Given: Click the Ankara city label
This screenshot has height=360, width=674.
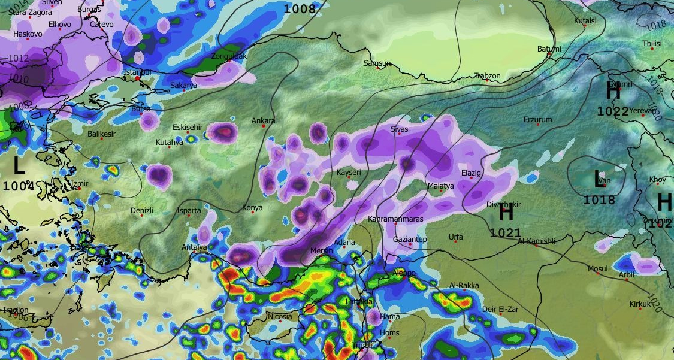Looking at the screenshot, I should pos(263,121).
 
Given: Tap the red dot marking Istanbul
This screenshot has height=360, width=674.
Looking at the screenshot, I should pos(138,78).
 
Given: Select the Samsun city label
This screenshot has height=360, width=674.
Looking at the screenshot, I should pos(377,63).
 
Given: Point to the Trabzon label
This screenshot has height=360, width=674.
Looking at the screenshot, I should pos(486,76).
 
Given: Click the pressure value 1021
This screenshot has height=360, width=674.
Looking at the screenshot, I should pos(506,232).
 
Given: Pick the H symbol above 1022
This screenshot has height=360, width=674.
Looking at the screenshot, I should pos(613,92).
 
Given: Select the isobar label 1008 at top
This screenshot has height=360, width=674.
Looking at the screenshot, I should pos(299,8).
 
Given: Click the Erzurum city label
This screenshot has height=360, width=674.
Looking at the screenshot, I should pos(537,120).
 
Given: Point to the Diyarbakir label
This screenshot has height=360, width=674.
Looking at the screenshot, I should pos(500,205).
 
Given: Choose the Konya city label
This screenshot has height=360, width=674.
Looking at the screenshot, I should pos(252,208).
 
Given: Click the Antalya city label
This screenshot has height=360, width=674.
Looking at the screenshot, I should pos(194,247).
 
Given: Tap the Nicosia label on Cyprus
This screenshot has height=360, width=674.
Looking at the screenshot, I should pos(280,316).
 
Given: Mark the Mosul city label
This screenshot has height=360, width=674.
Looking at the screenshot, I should pos(597,268).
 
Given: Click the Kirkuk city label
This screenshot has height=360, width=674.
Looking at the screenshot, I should pos(639,304).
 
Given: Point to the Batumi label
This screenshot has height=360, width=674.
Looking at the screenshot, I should pos(549,49).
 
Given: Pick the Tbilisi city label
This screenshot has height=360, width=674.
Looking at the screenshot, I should pos(651,44).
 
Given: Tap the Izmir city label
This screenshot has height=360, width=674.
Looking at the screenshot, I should pos(78,183).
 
